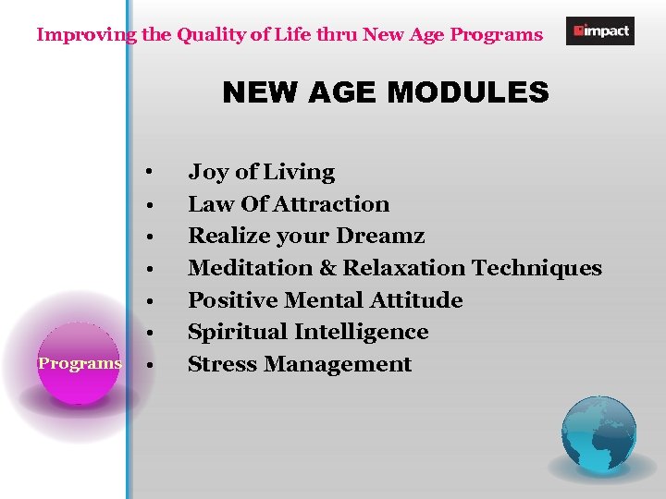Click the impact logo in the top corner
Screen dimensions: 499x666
coord(599,30)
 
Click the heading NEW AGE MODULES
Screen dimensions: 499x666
coord(386,92)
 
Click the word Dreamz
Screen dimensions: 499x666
coord(383,236)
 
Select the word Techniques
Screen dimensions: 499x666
coord(536,268)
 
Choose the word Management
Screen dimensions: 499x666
coord(338,364)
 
